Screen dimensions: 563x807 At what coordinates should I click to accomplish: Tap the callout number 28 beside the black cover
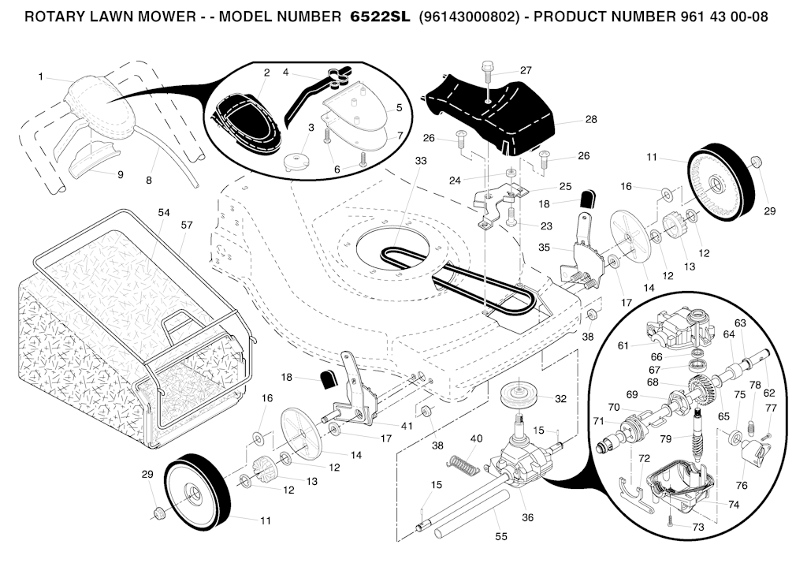[x=590, y=120]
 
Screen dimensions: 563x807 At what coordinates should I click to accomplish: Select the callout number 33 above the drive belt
[x=420, y=161]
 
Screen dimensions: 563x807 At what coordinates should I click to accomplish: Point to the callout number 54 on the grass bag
[x=164, y=213]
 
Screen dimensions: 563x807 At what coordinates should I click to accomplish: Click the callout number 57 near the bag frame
[x=187, y=226]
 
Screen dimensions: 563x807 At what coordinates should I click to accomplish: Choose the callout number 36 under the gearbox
[x=527, y=517]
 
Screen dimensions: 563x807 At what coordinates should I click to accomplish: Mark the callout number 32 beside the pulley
[x=560, y=399]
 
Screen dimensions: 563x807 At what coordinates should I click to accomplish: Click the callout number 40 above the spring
[x=476, y=438]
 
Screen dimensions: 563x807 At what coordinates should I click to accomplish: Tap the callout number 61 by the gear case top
[x=623, y=345]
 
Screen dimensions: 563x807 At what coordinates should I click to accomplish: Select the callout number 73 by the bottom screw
[x=698, y=527]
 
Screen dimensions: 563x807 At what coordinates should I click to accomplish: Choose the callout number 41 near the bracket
[x=407, y=426]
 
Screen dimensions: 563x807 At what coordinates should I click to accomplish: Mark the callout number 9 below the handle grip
[x=120, y=174]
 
